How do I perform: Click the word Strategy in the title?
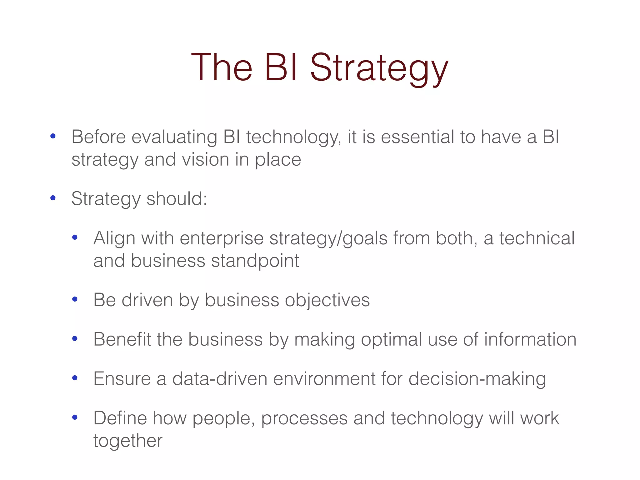[x=379, y=68]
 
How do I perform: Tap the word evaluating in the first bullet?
[x=174, y=137]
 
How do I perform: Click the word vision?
[x=205, y=160]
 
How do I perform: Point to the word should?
[x=177, y=199]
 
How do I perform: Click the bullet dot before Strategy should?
[x=53, y=198]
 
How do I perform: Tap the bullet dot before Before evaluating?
[x=53, y=136]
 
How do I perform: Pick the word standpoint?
[x=255, y=261]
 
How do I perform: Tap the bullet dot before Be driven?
[x=75, y=299]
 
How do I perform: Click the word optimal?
[x=391, y=340]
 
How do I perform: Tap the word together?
[x=128, y=441]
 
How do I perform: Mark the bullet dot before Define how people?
[x=75, y=417]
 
